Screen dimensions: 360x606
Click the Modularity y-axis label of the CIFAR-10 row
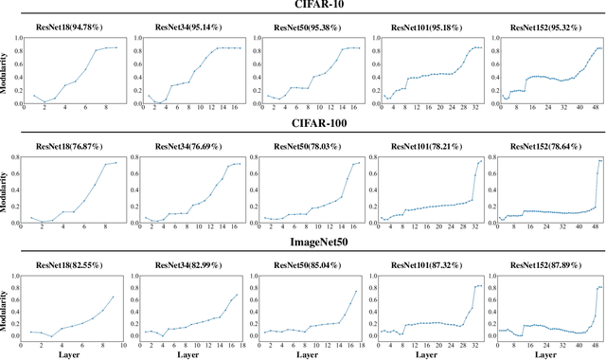pyautogui.click(x=7, y=72)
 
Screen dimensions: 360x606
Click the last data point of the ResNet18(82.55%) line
pyautogui.click(x=114, y=297)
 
